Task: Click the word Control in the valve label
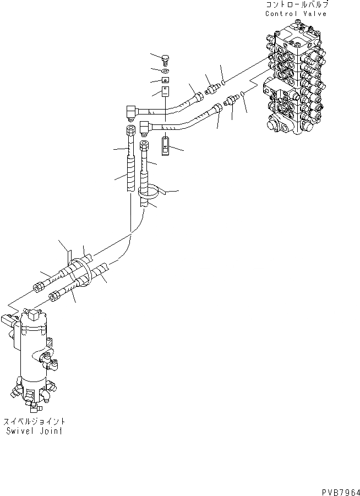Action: pyautogui.click(x=281, y=14)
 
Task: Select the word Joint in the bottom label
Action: pyautogui.click(x=51, y=431)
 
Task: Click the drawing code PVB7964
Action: pyautogui.click(x=340, y=489)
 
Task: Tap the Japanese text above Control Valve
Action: pyautogui.click(x=296, y=5)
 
